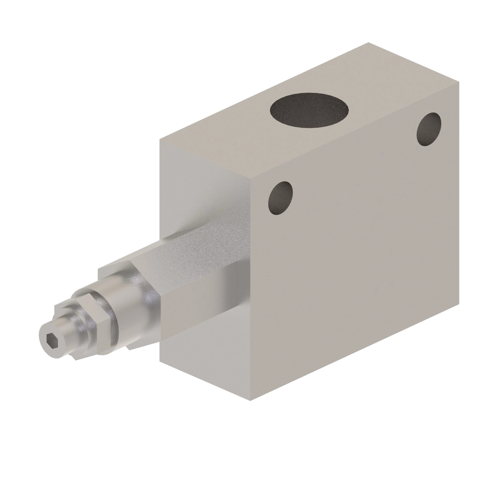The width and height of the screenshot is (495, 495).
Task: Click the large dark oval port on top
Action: click(309, 110)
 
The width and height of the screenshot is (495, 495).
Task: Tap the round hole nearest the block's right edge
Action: click(429, 129)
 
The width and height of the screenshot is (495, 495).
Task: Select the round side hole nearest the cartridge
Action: click(280, 198)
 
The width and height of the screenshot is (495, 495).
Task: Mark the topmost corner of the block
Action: click(369, 42)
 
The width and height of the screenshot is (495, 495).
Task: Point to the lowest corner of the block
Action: click(250, 401)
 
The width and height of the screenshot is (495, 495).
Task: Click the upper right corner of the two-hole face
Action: click(459, 82)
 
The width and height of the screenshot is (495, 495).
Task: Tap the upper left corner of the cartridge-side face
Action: click(160, 139)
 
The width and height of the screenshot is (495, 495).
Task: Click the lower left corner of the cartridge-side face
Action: click(160, 362)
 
